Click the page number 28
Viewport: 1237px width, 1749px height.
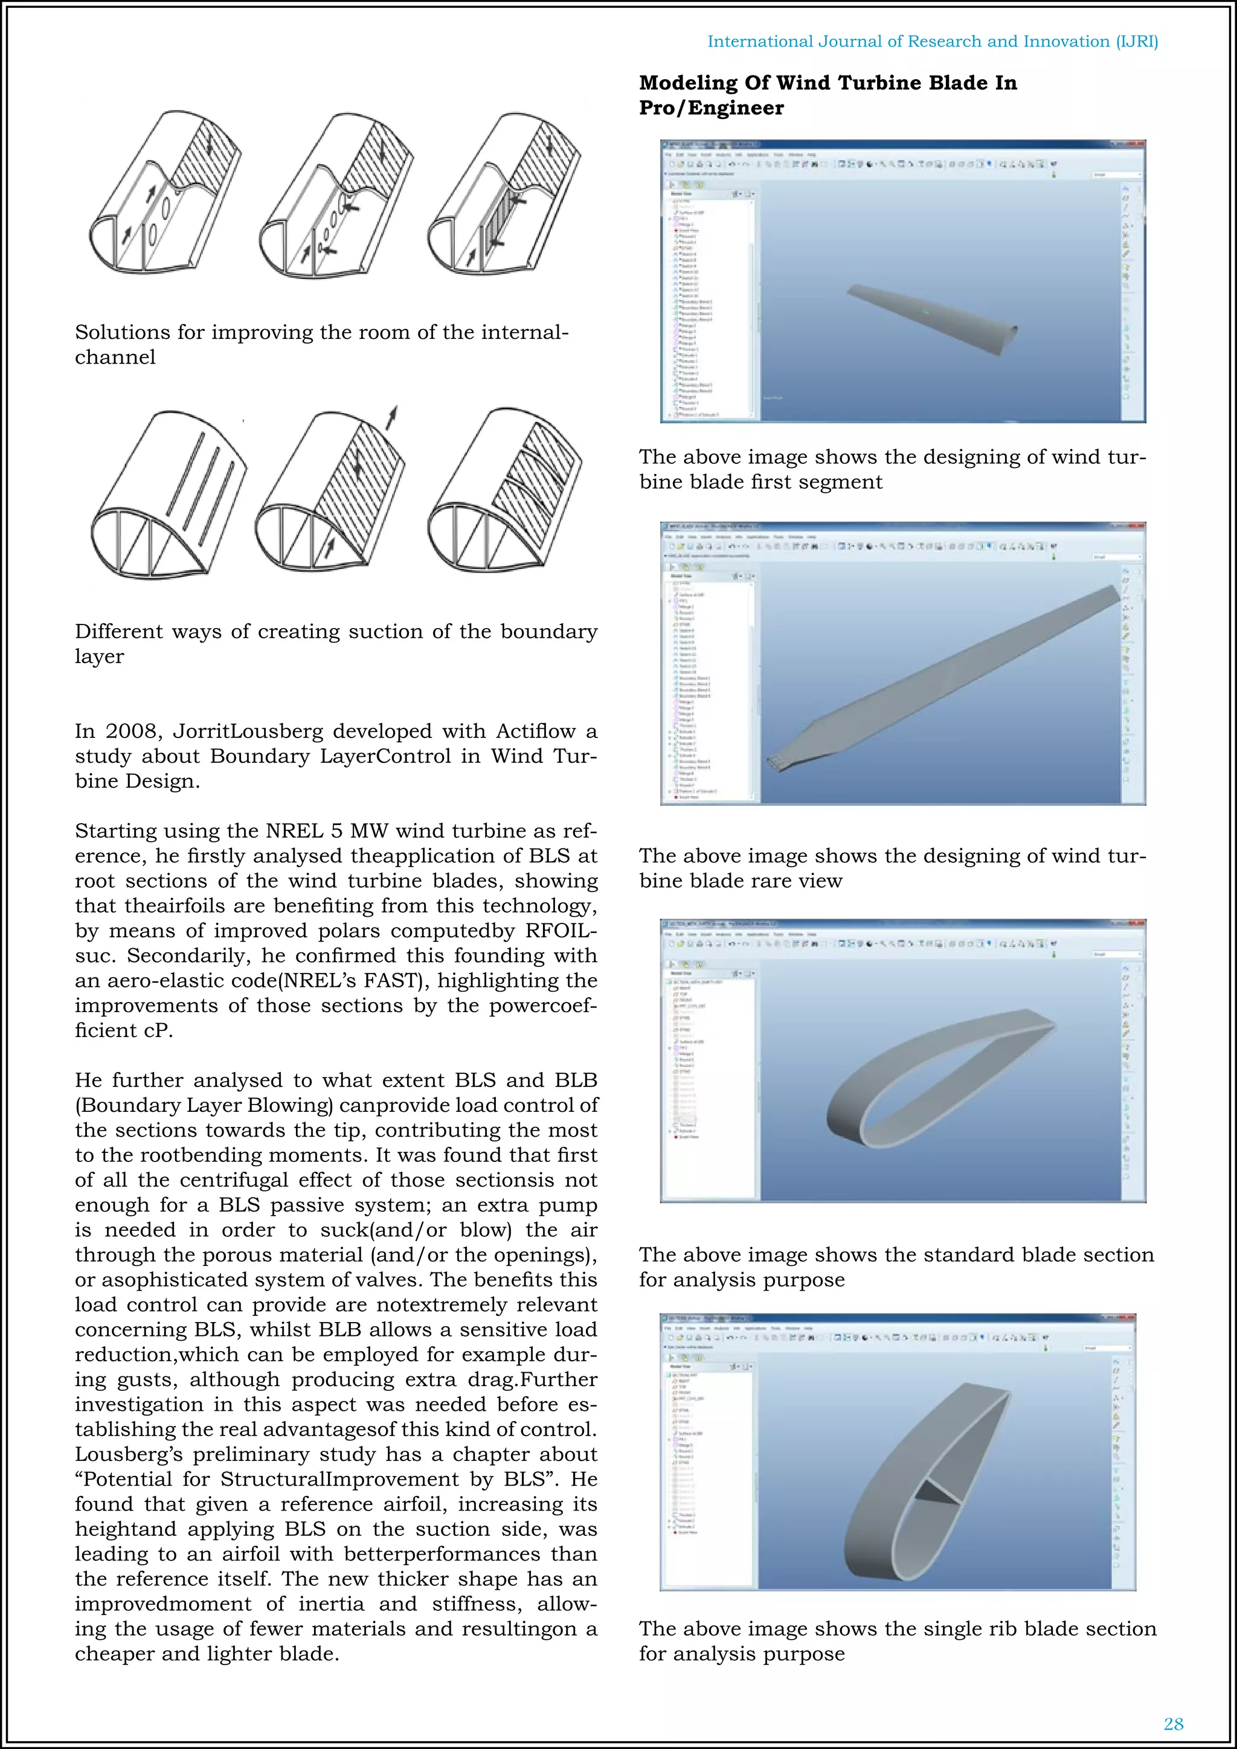click(x=1173, y=1724)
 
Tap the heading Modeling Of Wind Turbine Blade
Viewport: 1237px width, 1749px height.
click(x=827, y=94)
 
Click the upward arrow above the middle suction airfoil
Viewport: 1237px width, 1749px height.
click(x=391, y=417)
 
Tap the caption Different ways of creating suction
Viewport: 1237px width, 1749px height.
click(x=335, y=644)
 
